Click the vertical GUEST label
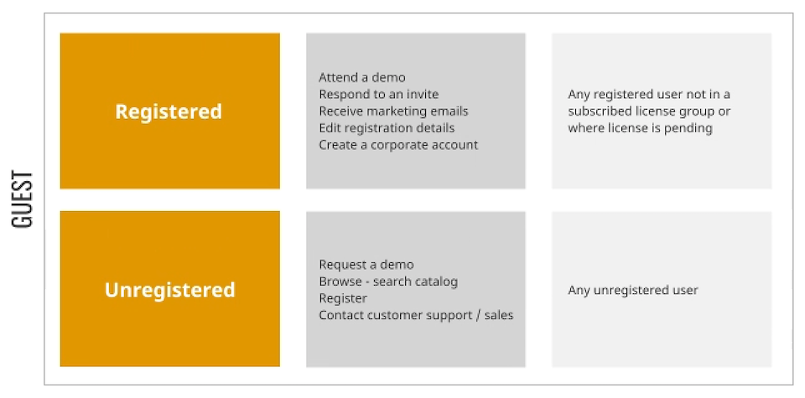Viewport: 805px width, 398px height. (22, 199)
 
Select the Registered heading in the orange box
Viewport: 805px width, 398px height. (169, 111)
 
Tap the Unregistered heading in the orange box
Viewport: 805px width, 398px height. (170, 290)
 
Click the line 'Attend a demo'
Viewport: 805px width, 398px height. (362, 77)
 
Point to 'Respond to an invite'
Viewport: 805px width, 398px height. (379, 95)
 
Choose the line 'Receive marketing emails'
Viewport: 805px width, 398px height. (394, 111)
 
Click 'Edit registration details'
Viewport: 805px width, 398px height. (387, 128)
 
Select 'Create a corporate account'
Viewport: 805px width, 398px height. (398, 145)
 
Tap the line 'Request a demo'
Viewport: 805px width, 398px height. (366, 265)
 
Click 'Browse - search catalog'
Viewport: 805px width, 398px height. (388, 282)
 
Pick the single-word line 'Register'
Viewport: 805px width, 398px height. (343, 298)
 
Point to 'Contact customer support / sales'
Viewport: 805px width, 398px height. (416, 315)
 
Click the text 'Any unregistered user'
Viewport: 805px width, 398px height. (633, 290)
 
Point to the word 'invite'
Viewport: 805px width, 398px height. (423, 95)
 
